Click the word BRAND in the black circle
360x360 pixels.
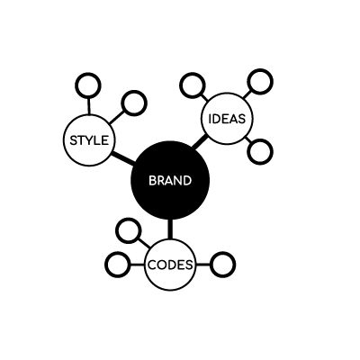[x=170, y=181]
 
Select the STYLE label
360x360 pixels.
[x=89, y=140]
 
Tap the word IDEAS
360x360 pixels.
[x=227, y=119]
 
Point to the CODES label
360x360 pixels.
[x=170, y=265]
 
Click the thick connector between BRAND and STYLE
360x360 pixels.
[x=123, y=158]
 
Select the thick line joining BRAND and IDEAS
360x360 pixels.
[x=200, y=141]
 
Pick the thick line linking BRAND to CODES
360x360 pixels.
[x=170, y=229]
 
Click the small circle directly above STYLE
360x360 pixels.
[x=88, y=85]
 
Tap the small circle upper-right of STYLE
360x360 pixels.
[x=134, y=103]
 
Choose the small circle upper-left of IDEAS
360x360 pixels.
[x=193, y=85]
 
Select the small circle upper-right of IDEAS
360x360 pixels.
[x=260, y=82]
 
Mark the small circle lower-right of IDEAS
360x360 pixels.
[x=260, y=151]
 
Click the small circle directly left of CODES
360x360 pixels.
[x=118, y=265]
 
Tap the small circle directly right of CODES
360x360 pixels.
[x=222, y=265]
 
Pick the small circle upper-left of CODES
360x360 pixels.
[x=129, y=231]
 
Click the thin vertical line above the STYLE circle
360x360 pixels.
[x=89, y=106]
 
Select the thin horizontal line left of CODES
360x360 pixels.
[x=138, y=265]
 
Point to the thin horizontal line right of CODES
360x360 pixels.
[x=202, y=265]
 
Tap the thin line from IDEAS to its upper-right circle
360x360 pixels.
[x=247, y=94]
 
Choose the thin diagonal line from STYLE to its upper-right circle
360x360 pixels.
[x=116, y=117]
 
